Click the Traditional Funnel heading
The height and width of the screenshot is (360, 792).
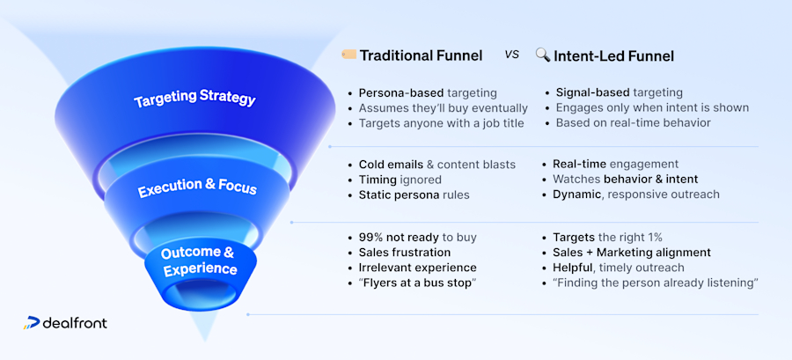(422, 55)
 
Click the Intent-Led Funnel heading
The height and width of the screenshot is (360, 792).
(613, 55)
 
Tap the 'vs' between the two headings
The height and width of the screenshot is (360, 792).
(511, 55)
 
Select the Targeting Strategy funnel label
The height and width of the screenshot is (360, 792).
(194, 99)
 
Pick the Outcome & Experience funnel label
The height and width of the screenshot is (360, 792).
(198, 261)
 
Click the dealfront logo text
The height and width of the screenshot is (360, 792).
(75, 323)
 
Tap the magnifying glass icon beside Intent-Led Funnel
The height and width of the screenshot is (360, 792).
(542, 55)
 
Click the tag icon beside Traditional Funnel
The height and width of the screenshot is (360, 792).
(348, 55)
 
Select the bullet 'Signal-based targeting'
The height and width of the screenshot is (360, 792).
(619, 92)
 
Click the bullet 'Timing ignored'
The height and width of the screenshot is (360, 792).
(400, 179)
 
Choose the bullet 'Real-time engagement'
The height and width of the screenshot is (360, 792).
(615, 164)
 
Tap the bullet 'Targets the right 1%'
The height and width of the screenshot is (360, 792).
(608, 238)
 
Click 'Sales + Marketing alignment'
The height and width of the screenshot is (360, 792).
(631, 253)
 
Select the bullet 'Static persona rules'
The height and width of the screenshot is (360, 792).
(414, 194)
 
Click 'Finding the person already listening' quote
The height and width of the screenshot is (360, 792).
(656, 283)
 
